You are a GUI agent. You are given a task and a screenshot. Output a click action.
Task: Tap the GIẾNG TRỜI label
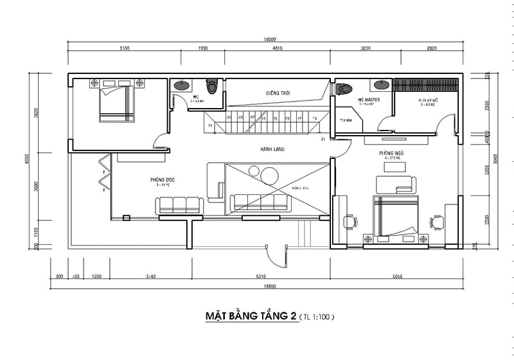[x=278, y=93]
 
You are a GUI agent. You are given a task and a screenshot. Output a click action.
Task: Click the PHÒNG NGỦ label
[x=391, y=154]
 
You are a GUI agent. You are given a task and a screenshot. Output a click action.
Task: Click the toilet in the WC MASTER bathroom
[x=346, y=88]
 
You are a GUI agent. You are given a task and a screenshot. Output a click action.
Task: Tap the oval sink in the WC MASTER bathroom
[x=382, y=84]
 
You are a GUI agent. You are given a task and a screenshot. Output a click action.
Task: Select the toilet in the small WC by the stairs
[x=211, y=85]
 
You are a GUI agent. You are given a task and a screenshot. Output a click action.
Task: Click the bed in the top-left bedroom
[x=117, y=104]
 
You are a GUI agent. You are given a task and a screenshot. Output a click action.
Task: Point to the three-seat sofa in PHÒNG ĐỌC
[x=179, y=205]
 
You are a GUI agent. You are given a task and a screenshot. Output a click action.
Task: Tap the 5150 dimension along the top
[x=125, y=48]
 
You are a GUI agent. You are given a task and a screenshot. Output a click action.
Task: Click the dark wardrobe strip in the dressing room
[x=426, y=84]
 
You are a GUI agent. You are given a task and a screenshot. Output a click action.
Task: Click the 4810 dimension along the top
[x=278, y=48]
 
